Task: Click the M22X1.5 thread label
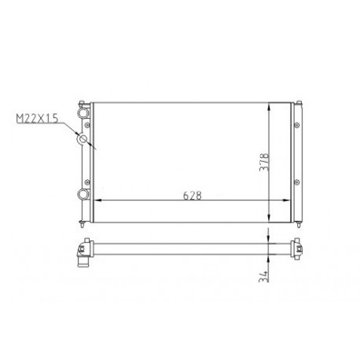pos(37,118)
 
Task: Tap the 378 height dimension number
pos(264,162)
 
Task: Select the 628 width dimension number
pos(193,196)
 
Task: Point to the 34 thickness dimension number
pos(263,276)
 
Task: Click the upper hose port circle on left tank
pos(83,113)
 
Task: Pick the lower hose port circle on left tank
pos(83,194)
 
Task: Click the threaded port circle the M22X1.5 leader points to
pos(83,138)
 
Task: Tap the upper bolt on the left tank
pos(87,125)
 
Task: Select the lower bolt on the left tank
pos(87,182)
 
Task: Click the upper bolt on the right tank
pos(297,125)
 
